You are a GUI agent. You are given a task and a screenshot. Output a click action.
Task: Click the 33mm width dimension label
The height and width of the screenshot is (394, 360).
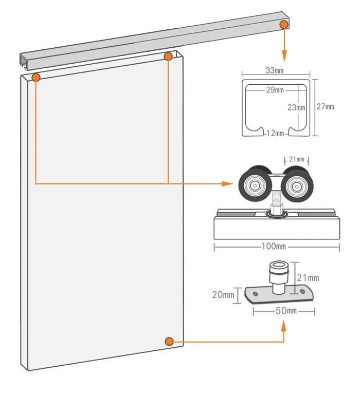tap(275, 70)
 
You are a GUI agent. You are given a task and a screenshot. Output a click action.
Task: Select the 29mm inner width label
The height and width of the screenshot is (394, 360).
tap(275, 90)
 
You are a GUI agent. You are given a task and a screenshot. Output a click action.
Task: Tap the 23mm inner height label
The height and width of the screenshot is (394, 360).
tap(296, 107)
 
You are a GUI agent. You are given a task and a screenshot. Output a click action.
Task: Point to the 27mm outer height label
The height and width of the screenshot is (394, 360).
tap(325, 106)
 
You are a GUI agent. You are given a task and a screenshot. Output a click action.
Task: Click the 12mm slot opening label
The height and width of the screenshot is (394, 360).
tap(276, 133)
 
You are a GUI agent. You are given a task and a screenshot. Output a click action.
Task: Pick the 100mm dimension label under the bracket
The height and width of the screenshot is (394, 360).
tap(274, 246)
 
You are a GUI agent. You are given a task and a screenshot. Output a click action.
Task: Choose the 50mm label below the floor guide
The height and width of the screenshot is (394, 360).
tap(286, 311)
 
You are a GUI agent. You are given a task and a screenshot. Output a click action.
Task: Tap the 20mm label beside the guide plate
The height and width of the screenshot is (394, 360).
tap(223, 295)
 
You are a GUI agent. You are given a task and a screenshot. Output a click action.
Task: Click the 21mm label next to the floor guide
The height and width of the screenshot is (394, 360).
tap(308, 278)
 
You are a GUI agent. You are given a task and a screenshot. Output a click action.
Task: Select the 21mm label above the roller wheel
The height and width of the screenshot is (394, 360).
tap(297, 159)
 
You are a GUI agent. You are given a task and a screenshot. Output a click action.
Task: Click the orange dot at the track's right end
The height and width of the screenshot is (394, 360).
tap(284, 25)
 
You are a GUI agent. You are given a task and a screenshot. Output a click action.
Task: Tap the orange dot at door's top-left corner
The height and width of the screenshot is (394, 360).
tap(36, 78)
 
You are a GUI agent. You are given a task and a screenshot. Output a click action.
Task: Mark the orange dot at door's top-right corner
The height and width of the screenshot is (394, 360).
tap(168, 57)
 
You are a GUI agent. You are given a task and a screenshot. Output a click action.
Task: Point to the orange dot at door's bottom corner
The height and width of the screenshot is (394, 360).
tap(169, 342)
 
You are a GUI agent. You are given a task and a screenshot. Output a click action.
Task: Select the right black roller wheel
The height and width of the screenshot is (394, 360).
tap(297, 184)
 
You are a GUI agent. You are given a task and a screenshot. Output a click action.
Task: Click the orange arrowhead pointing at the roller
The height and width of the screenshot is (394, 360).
tap(228, 184)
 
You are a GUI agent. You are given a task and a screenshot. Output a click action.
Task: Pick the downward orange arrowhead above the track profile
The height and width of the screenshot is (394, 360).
tap(284, 56)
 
